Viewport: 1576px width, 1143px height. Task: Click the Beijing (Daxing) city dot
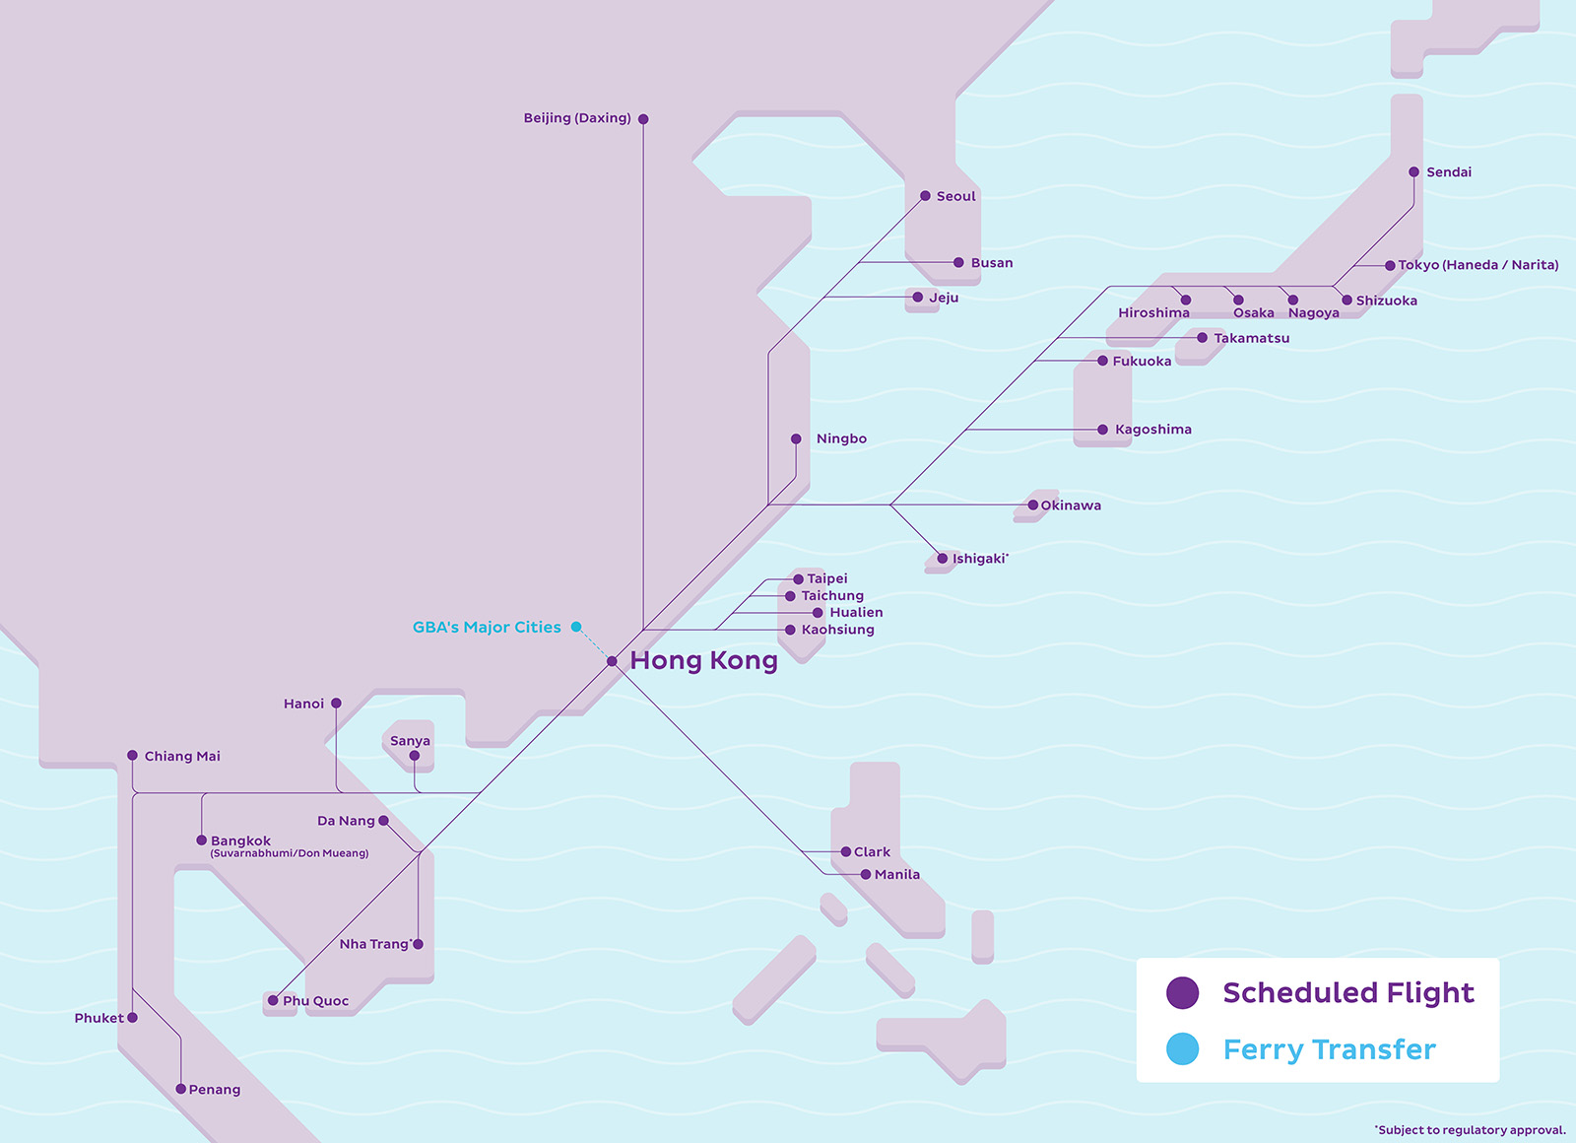tap(643, 119)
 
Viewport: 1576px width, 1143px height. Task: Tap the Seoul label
tap(955, 196)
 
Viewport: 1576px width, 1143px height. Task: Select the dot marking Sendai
tap(1413, 172)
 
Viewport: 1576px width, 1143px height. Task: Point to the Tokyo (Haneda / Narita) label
tap(1477, 265)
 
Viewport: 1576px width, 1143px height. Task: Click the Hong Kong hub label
tap(703, 660)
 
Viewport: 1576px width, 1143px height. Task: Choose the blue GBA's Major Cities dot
tap(576, 627)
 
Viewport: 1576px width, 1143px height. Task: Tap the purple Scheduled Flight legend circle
tap(1182, 992)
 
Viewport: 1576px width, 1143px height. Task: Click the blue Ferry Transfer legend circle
tap(1182, 1049)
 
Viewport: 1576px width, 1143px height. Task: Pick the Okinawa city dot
tap(1032, 505)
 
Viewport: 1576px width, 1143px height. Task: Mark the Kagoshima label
tap(1152, 430)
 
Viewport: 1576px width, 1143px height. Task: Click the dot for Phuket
tap(133, 1018)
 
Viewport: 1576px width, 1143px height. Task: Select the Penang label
tap(214, 1090)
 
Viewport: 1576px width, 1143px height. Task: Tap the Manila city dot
tap(866, 875)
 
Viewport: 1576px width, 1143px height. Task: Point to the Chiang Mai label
tap(182, 757)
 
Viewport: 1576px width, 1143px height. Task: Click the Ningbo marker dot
tap(796, 439)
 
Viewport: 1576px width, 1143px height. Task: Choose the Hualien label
tap(856, 613)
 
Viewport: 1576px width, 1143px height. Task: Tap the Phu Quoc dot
tap(273, 1001)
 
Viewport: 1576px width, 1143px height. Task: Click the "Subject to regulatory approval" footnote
tap(1471, 1130)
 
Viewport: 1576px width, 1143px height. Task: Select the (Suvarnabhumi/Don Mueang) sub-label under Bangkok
tap(290, 853)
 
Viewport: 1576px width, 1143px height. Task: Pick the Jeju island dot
tap(918, 298)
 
